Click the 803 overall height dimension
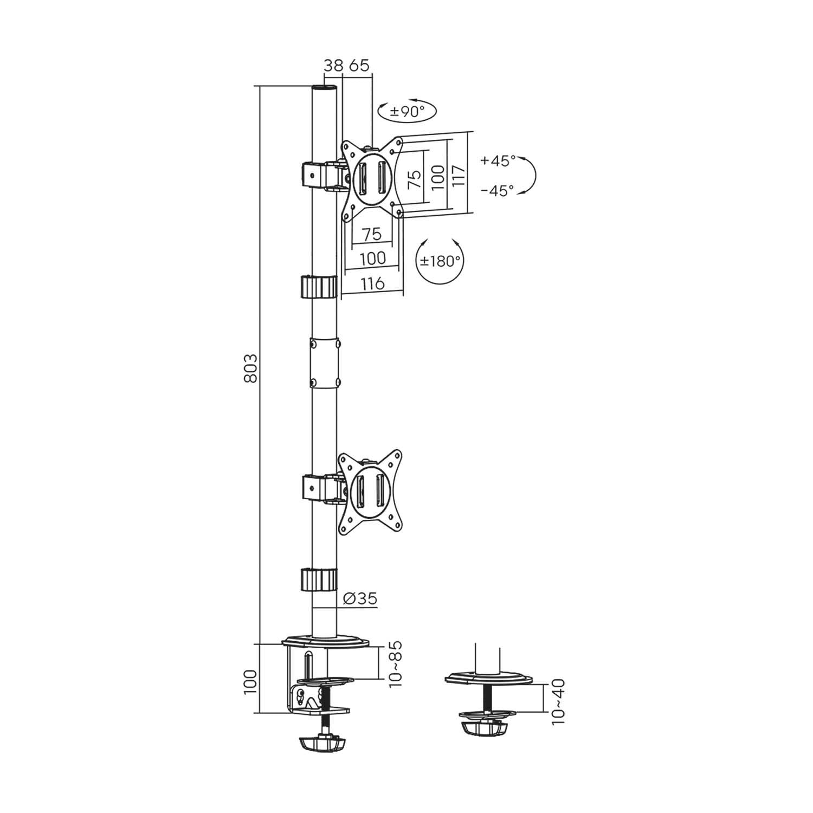[x=250, y=369]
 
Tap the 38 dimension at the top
[x=333, y=66]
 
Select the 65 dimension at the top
[x=359, y=66]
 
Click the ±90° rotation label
[x=406, y=112]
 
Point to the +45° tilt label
[x=498, y=161]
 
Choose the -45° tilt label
[x=497, y=191]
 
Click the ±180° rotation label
[x=441, y=261]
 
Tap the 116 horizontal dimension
[x=372, y=283]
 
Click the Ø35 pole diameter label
[x=360, y=598]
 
